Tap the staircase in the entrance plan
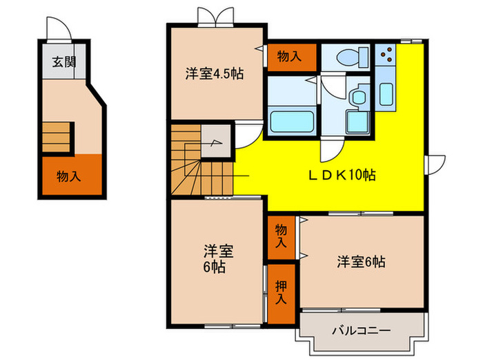coord(57,134)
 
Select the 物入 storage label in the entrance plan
coord(68,176)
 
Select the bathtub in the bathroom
coord(290,122)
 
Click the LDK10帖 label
coord(342,176)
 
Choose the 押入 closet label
coord(281,292)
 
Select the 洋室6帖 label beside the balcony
coord(361,262)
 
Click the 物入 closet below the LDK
coord(281,236)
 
